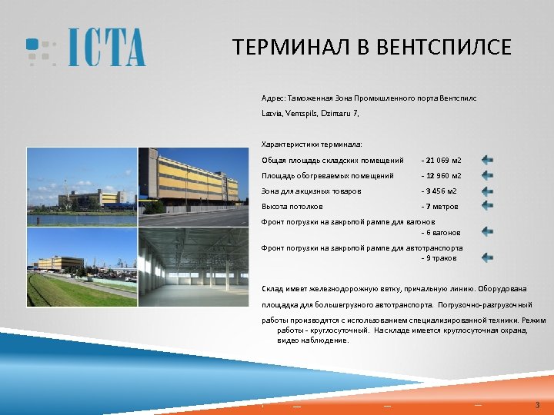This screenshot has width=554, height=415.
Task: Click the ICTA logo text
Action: click(106, 48)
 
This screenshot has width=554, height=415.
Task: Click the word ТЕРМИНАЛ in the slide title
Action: click(290, 48)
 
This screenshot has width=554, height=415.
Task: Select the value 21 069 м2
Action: click(443, 161)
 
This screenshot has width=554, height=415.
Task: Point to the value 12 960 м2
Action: click(443, 176)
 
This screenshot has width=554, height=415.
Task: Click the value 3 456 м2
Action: click(441, 191)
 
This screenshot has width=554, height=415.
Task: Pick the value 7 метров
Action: click(442, 207)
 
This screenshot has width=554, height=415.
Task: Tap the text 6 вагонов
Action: click(443, 232)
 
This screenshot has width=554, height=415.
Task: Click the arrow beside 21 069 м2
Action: click(488, 160)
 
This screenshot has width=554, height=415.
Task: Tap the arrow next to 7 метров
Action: click(488, 205)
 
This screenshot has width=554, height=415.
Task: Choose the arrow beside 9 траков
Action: click(488, 257)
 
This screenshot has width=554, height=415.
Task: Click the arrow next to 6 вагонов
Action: click(488, 231)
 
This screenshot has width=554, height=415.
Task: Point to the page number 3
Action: click(537, 405)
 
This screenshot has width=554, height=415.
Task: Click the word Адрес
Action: click(272, 99)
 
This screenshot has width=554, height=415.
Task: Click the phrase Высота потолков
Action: click(292, 207)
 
